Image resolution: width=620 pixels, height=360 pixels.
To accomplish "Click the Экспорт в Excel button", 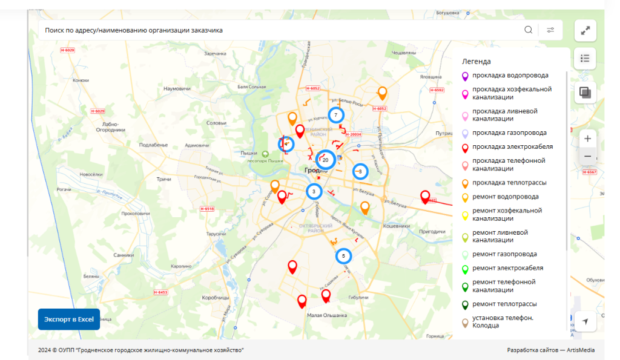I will point(68,319).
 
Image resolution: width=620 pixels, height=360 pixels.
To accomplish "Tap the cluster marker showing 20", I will point(326,160).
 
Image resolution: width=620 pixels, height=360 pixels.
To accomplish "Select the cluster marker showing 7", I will point(335,115).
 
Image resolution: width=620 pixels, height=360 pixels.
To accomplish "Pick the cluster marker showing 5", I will point(343,256).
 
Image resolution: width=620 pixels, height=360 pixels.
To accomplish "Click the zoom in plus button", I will point(587,139).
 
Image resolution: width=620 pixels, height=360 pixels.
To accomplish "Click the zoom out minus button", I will point(587,157).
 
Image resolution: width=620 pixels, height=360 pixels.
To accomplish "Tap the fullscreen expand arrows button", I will point(585,31).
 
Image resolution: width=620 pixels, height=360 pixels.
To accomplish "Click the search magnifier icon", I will point(529,30).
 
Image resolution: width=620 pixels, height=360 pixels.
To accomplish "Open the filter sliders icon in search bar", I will point(550,30).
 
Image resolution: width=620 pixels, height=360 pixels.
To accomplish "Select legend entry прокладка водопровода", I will point(510,76).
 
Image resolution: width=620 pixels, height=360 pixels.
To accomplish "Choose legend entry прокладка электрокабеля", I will point(512,147).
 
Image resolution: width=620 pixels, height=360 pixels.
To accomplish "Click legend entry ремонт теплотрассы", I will point(504,304).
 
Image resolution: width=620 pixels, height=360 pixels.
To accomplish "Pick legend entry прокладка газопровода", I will point(509,133).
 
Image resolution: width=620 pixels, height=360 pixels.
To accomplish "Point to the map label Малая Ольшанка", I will point(327,315).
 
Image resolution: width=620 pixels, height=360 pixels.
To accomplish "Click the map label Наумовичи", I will point(177,88).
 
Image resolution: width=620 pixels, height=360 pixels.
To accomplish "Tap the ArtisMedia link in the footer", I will point(581,350).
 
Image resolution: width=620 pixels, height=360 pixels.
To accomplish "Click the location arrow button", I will point(585,321).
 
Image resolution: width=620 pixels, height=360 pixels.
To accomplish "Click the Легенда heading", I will point(476,61).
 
